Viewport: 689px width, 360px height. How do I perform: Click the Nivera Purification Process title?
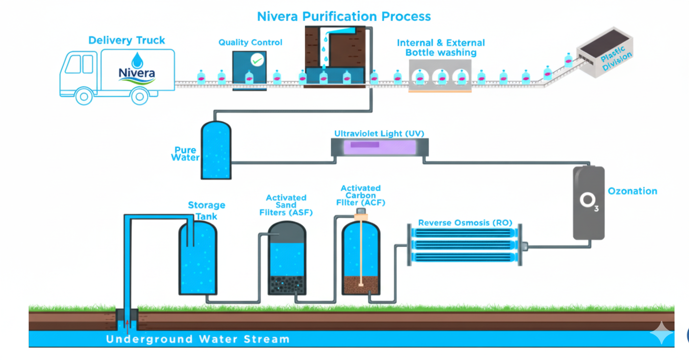coord(344,16)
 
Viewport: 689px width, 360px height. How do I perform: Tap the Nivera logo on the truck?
coord(137,68)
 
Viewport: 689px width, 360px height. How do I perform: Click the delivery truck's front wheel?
coord(84,96)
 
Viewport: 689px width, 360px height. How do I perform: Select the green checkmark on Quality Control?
coord(257,60)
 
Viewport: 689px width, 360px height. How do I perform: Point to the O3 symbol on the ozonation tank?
coord(589,202)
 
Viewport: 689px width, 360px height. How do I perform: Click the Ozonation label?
coord(632,191)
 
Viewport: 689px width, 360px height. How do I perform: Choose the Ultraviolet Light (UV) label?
coord(379,134)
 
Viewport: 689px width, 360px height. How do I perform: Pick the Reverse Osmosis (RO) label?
coord(465,223)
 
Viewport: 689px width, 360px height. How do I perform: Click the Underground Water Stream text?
coord(198,339)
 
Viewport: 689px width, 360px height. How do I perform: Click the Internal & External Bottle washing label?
coord(440,47)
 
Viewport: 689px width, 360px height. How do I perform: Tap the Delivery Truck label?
coord(127,40)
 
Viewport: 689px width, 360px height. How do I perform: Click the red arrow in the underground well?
coord(127,323)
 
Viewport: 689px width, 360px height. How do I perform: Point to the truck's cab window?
coord(73,64)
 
